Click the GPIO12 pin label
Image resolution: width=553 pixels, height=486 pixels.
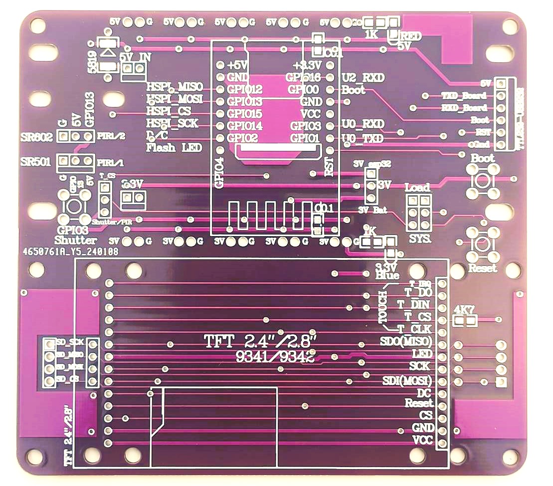click(x=244, y=90)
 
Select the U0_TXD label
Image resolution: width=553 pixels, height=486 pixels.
click(x=363, y=138)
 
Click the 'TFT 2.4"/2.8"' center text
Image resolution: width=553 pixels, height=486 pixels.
click(x=261, y=342)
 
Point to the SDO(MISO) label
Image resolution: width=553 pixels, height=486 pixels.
click(x=406, y=342)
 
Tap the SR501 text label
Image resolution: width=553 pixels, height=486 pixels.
click(x=36, y=162)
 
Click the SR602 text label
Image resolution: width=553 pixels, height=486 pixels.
click(x=36, y=137)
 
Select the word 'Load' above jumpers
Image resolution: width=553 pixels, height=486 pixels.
click(x=417, y=188)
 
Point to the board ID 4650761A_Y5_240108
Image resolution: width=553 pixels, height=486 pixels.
click(x=71, y=252)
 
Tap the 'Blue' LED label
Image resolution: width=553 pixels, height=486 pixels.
click(x=387, y=275)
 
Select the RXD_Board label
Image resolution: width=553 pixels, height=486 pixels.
click(x=465, y=108)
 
